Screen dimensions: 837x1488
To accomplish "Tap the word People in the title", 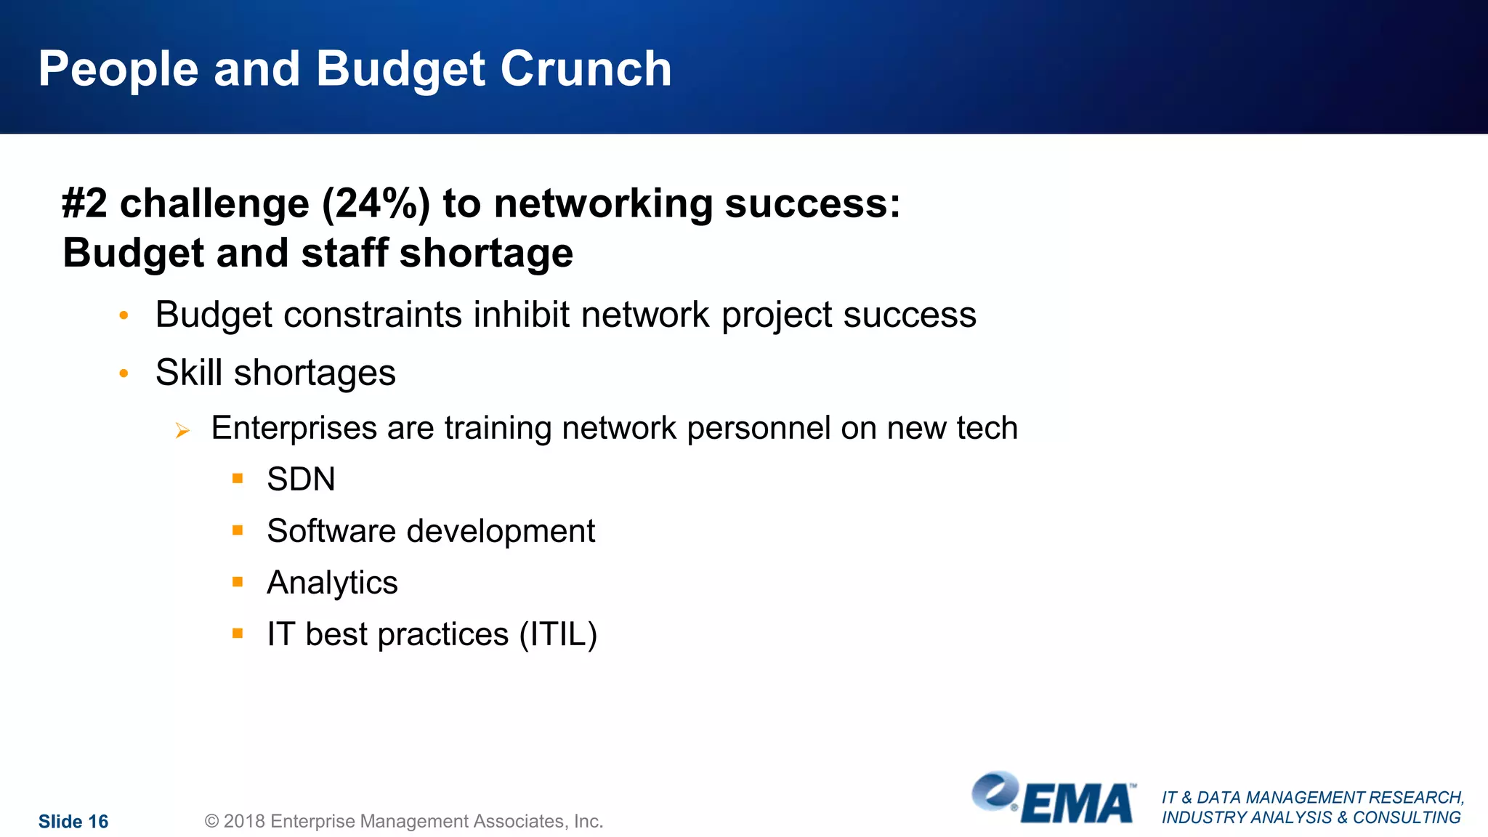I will coord(118,70).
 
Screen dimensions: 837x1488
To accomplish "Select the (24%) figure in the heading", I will coord(376,203).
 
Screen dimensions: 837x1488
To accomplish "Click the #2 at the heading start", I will coord(84,203).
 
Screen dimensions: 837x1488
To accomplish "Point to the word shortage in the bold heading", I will coord(486,254).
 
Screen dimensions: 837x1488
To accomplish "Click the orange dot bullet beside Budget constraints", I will coord(124,315).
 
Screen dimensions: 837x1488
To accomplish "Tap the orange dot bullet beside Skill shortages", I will coord(124,373).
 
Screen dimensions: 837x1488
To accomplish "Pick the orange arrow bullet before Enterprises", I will coord(182,431).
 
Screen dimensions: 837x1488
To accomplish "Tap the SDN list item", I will coord(301,480).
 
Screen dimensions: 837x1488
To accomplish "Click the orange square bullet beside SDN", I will coord(238,478).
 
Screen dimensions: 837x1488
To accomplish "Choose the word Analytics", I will coord(332,583).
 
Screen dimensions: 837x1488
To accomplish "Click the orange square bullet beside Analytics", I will coord(238,581).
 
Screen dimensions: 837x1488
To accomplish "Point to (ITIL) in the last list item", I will coord(558,634).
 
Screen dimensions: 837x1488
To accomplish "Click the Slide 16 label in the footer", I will coord(73,822).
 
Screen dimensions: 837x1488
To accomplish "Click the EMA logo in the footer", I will coord(1054,799).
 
